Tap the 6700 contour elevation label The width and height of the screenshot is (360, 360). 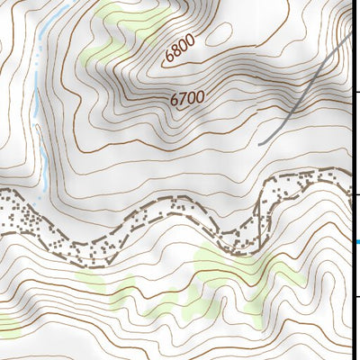[x=187, y=99]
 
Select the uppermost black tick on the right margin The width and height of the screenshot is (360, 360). [x=357, y=91]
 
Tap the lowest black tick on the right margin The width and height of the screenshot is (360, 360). [x=357, y=297]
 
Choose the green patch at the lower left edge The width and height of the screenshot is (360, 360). [x=7, y=322]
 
